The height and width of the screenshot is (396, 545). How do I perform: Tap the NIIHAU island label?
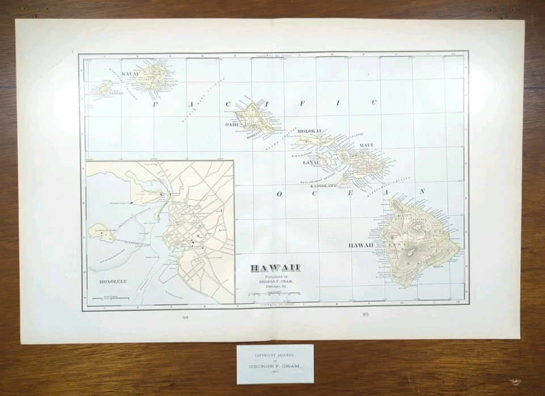click(x=99, y=94)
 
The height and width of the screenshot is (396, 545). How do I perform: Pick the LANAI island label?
click(x=311, y=163)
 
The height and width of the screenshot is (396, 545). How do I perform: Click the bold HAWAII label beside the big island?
click(x=361, y=245)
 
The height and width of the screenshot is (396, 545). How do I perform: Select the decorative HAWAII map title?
click(x=275, y=268)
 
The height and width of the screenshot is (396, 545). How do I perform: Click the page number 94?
click(x=185, y=317)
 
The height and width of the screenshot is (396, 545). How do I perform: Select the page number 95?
click(x=365, y=314)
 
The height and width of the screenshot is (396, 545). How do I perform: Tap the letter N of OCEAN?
click(x=422, y=191)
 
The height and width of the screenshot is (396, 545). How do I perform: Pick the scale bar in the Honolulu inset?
click(x=108, y=298)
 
